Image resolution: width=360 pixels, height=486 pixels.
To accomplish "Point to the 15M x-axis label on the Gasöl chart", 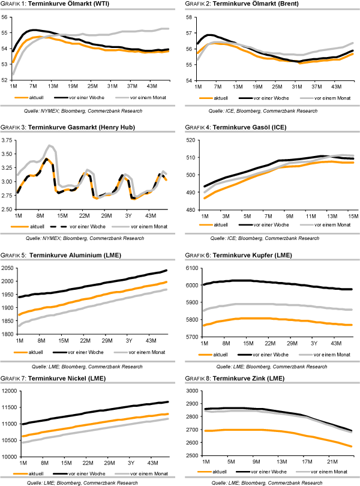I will pos(353,215).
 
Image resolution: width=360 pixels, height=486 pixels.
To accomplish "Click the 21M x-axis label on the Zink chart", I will pos(330,462).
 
